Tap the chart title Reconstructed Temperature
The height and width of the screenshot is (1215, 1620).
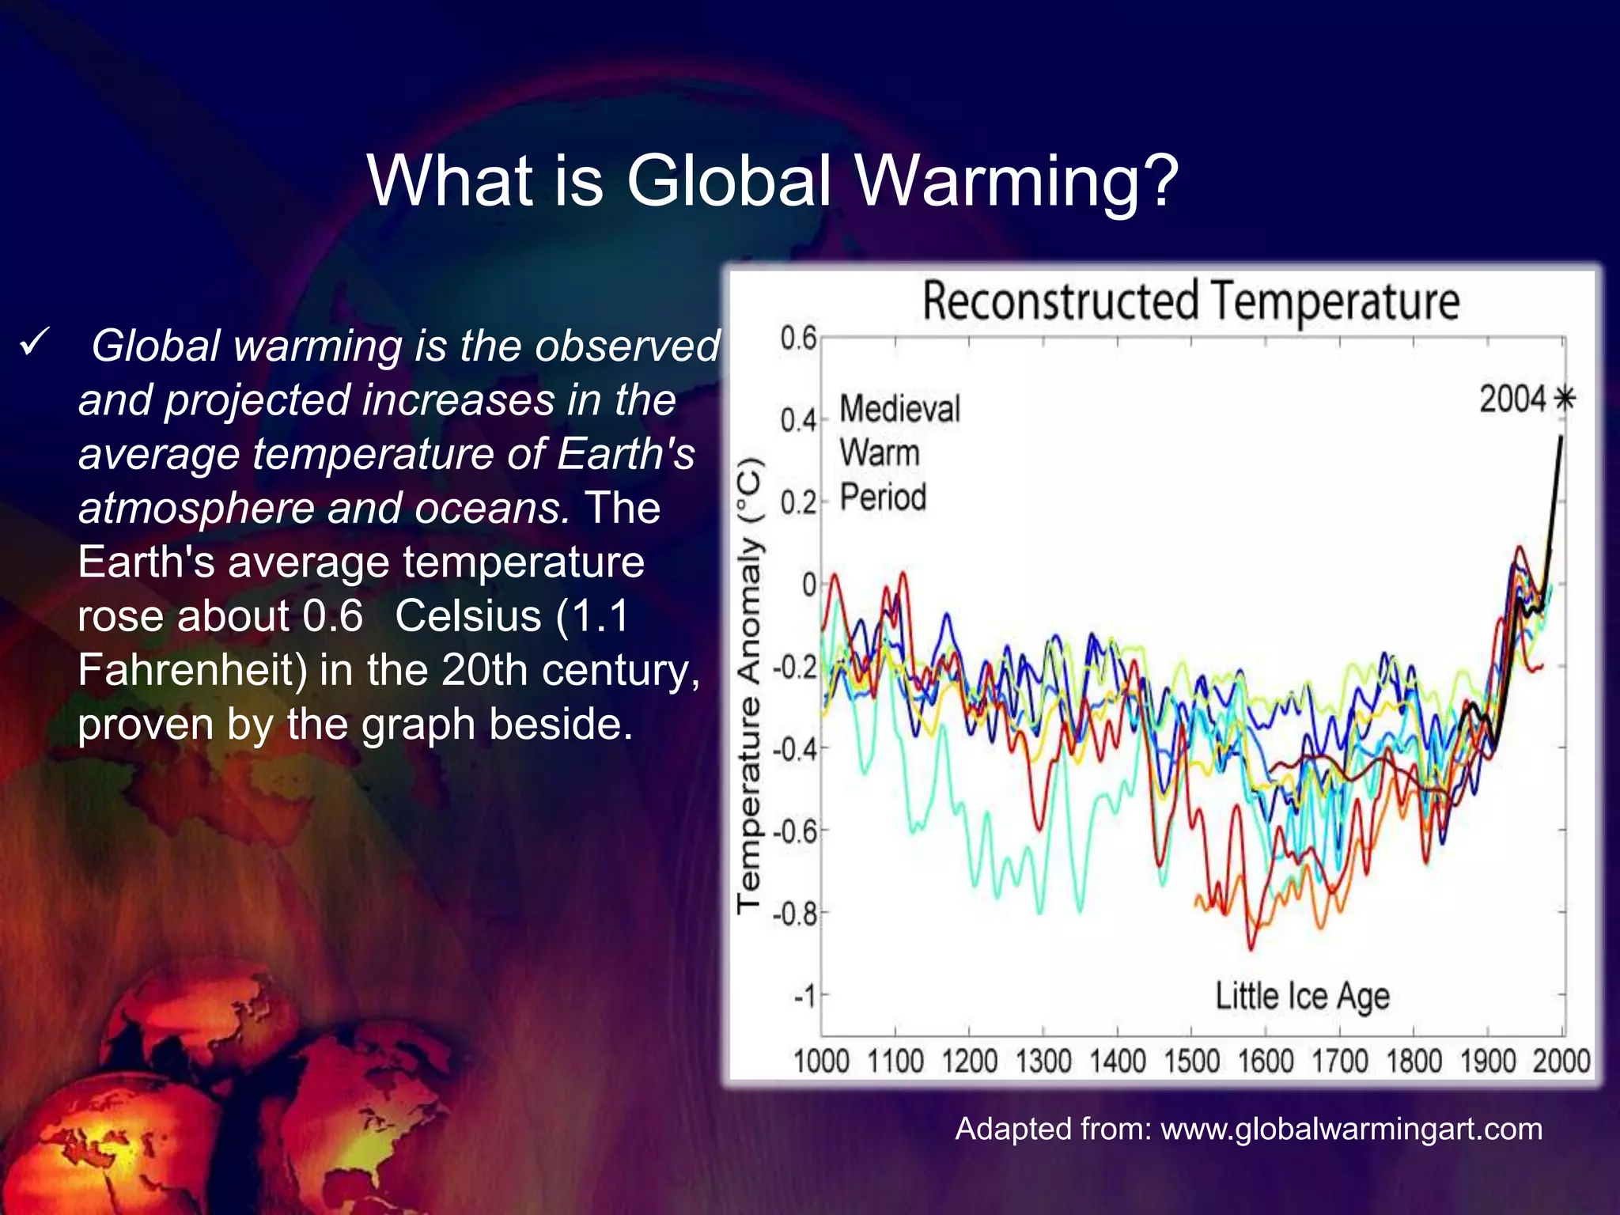1190,301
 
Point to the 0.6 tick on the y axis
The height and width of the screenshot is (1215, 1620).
798,339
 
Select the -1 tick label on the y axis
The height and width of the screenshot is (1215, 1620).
804,997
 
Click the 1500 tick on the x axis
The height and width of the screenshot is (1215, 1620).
1191,1061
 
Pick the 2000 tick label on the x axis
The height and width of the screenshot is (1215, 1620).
1561,1061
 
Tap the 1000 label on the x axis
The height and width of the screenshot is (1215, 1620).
821,1061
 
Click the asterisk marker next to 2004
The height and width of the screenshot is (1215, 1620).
1564,399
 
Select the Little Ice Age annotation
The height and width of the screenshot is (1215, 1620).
1302,997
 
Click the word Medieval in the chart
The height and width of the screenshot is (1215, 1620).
899,409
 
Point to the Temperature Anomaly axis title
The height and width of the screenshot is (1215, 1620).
749,684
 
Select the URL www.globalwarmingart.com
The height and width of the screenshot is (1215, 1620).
1351,1129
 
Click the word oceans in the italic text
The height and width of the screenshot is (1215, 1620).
491,508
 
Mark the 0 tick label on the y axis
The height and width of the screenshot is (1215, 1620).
809,585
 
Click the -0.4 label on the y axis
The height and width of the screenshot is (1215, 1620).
795,748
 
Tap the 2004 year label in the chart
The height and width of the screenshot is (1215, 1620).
1512,399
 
